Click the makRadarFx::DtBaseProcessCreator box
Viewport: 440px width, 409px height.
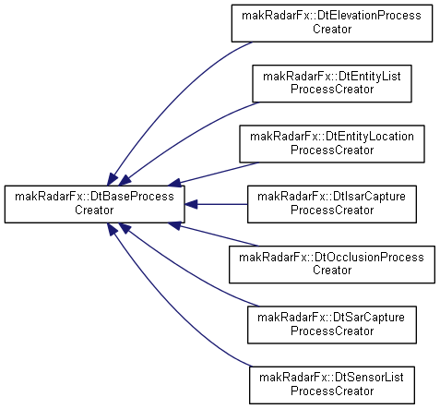(x=94, y=204)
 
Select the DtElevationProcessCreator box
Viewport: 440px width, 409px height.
(x=332, y=23)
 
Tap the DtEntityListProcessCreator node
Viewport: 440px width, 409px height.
(x=332, y=83)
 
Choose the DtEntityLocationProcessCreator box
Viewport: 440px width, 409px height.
(x=332, y=144)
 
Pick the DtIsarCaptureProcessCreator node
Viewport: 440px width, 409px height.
(x=332, y=204)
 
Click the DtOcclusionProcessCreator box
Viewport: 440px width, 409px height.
(x=332, y=264)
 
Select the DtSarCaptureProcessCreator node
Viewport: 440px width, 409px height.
(x=332, y=325)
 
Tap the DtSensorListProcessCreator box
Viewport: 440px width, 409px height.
(x=332, y=385)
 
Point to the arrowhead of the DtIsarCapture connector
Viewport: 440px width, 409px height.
(x=191, y=204)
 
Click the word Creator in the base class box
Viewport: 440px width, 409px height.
(x=94, y=211)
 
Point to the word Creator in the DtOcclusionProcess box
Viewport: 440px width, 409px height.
(x=332, y=271)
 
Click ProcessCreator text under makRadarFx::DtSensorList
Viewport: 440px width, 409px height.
(x=332, y=391)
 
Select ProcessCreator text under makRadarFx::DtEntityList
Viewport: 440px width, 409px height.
(x=332, y=90)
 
